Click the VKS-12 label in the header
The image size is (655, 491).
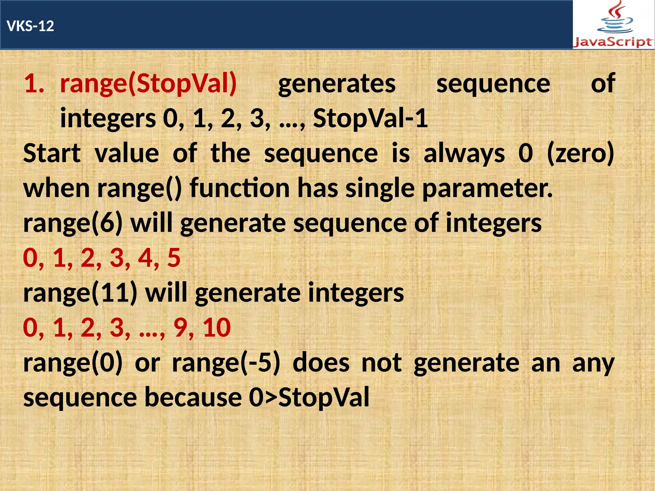[x=30, y=26]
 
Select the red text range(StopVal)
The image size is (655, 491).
[x=148, y=84]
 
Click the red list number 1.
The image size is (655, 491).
[x=34, y=84]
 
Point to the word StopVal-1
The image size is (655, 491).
[x=370, y=119]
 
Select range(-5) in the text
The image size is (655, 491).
[x=226, y=363]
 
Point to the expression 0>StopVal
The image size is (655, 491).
[x=309, y=397]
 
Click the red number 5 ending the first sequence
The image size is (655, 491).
[x=174, y=258]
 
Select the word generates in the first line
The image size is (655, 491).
[x=337, y=84]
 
